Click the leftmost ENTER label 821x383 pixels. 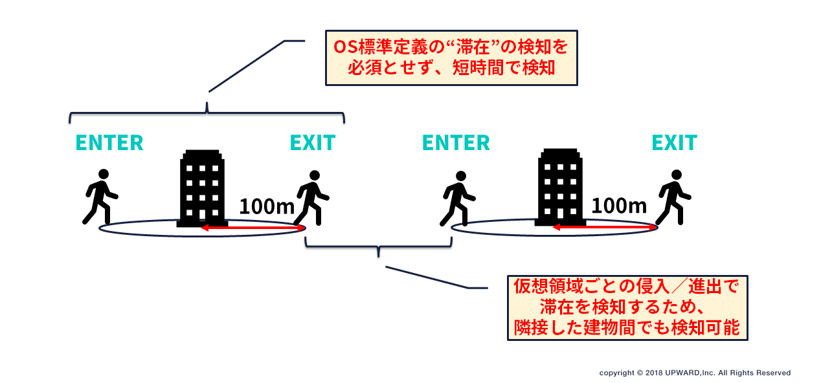click(109, 142)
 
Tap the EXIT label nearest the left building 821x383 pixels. click(312, 142)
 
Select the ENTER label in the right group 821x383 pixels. click(456, 142)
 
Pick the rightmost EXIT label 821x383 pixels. click(674, 142)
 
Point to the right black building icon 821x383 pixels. click(561, 188)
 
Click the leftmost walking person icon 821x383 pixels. click(100, 197)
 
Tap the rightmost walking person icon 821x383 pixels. click(674, 197)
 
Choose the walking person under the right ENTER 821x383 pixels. click(458, 197)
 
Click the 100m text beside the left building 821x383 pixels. click(267, 206)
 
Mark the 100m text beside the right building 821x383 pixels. click(620, 206)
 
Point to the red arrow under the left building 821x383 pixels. click(253, 228)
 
